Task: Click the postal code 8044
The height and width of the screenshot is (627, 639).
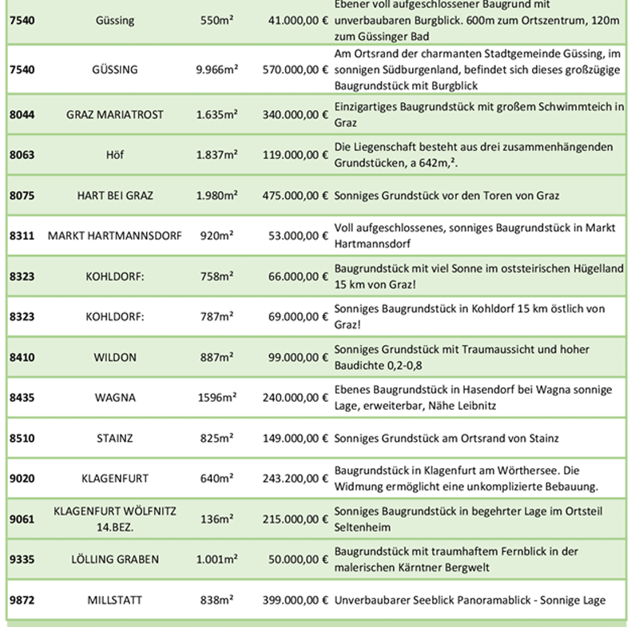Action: coord(22,115)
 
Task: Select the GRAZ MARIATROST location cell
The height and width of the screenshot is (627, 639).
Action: coord(114,115)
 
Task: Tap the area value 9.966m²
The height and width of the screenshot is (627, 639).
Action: coord(216,69)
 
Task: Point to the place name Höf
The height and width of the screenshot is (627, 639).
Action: coord(114,155)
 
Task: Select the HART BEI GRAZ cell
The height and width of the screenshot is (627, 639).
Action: coord(114,196)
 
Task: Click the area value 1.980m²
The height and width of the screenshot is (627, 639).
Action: coord(216,196)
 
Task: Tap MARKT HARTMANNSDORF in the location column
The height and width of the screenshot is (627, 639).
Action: coord(114,236)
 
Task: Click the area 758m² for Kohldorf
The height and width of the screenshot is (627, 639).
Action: coord(216,276)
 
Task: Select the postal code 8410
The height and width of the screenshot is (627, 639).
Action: coord(22,357)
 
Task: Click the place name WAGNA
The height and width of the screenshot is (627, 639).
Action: coord(114,397)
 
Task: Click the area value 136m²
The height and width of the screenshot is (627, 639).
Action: coord(216,519)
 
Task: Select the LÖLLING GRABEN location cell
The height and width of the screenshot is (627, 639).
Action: coord(114,559)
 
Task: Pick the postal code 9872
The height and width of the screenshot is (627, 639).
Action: coord(22,600)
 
